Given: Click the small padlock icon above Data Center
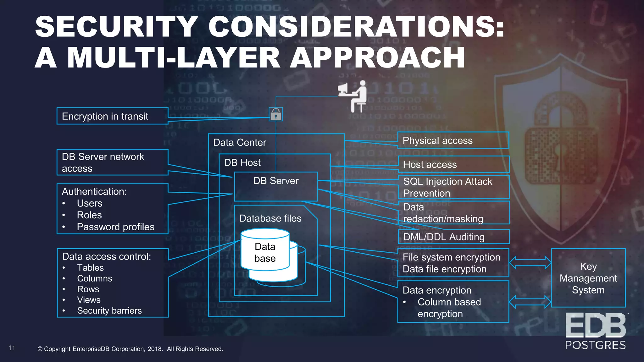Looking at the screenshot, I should click(276, 114).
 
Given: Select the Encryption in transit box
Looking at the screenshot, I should click(112, 116).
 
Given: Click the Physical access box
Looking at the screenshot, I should click(453, 140).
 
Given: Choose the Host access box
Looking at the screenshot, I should click(453, 164).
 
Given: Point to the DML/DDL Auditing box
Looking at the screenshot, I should click(453, 237).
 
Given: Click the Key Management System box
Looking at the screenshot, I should click(588, 278).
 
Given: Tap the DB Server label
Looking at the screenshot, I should click(276, 181).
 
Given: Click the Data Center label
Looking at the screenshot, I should click(240, 142).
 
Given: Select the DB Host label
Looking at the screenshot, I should click(242, 162).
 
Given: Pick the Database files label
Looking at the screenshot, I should click(270, 218).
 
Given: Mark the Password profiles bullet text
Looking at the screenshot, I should click(115, 227).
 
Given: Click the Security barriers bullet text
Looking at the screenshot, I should click(109, 310).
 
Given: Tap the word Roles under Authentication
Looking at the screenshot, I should click(89, 215).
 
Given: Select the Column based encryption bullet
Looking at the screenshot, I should click(449, 308).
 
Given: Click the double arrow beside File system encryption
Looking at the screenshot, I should click(530, 263).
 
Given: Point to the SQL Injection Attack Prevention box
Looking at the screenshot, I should click(453, 187).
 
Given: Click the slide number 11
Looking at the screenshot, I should click(12, 348).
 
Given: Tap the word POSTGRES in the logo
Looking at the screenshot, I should click(595, 345).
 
